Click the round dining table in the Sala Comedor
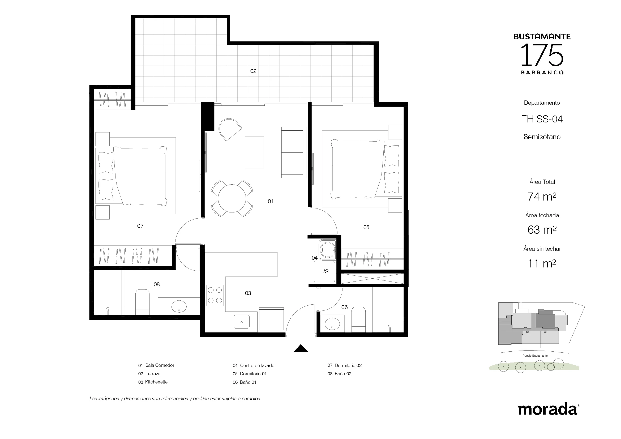pos(232,198)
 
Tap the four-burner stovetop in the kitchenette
pos(215,295)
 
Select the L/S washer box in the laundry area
pos(324,272)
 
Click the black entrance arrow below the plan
pos(301,348)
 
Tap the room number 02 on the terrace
pos(253,71)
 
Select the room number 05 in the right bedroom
pos(366,228)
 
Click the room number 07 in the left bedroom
pos(140,226)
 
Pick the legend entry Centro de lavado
pos(257,366)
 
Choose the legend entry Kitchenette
pos(156,382)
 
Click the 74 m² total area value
pos(542,197)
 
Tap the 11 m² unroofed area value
pos(542,263)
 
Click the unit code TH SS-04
pos(542,119)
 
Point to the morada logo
pos(548,409)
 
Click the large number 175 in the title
pos(542,55)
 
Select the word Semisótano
pos(542,137)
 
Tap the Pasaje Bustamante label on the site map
pos(535,356)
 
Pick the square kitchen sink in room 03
pos(242,322)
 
